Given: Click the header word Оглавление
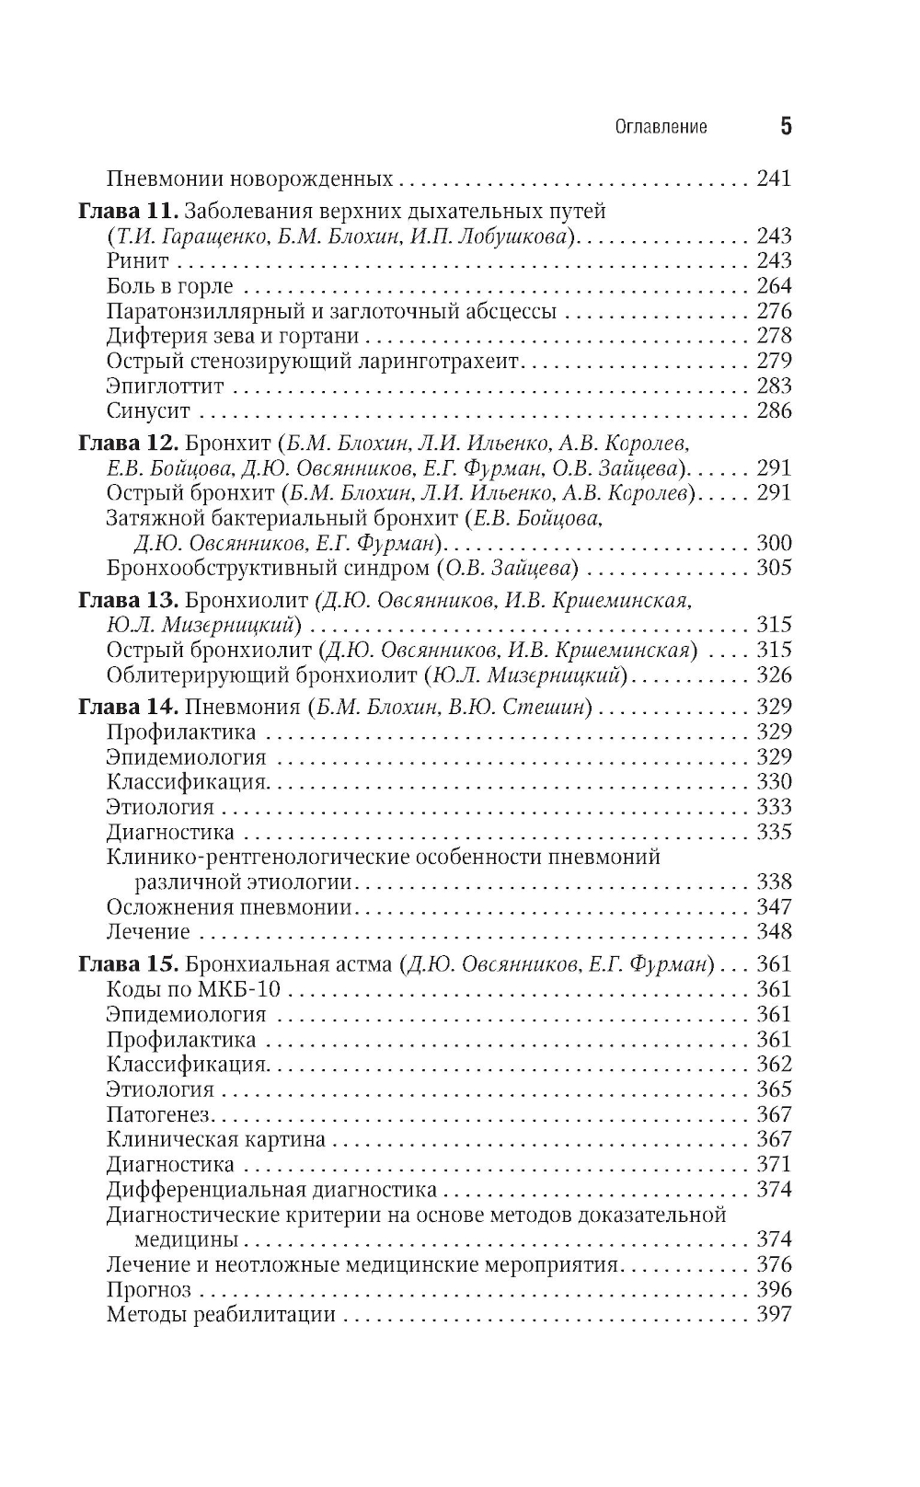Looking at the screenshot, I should pos(661,127).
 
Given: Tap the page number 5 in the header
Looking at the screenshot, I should pos(785,126).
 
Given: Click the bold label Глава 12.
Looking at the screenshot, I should pos(128,442).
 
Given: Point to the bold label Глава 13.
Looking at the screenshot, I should pos(128,600).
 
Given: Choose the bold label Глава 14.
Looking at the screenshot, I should pos(128,707).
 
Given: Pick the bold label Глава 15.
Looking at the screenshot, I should pos(128,964).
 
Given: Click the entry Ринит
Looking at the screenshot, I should pos(138,261).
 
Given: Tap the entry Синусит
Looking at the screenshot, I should pos(148,410).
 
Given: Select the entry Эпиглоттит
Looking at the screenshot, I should pos(165,386).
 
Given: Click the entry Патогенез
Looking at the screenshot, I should pos(158,1114).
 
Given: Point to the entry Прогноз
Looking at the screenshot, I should pos(149,1289).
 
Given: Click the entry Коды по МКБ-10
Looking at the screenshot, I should pos(193,990).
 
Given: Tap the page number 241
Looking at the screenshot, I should pos(774,179).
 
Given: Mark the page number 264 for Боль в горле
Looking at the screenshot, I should pos(774,286).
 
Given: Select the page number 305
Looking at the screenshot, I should pos(774,568).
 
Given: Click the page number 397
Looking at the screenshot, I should pos(774,1314).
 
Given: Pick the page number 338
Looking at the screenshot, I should pos(774,882).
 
